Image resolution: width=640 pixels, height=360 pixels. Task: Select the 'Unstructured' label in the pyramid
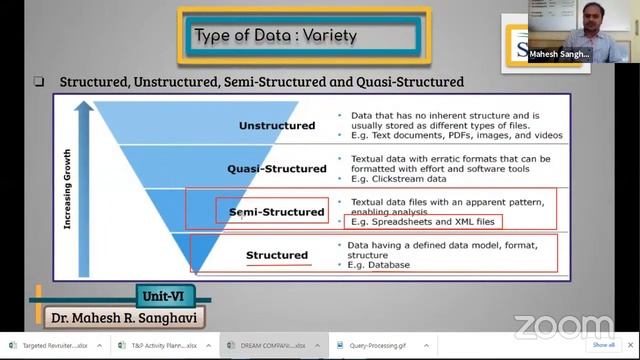[x=277, y=126]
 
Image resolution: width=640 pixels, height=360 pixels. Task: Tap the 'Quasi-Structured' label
[x=277, y=169]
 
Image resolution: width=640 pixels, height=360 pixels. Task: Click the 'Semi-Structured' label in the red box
[x=277, y=212]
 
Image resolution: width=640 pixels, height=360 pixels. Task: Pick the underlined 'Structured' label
[x=277, y=255]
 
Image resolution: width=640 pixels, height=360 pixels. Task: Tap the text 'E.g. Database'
[x=379, y=264]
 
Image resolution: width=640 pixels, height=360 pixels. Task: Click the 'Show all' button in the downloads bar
[x=603, y=345]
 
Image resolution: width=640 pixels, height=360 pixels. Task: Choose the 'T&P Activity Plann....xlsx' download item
[x=164, y=345]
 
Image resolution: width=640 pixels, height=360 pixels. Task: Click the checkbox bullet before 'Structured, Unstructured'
[x=39, y=81]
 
